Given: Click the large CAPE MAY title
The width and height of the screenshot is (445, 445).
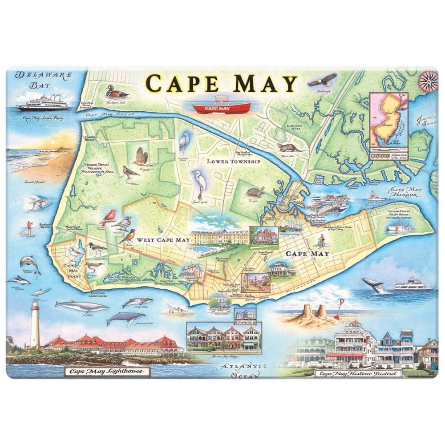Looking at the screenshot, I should [222, 84].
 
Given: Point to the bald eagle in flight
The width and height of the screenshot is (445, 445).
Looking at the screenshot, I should [320, 83].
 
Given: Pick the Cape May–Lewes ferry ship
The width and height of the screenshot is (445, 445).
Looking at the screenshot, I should [43, 103].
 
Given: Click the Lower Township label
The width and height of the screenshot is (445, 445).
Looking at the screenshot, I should [233, 162].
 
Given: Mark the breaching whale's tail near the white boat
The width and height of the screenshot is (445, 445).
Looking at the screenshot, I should [373, 286].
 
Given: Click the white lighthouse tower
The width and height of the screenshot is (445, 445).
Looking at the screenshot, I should [35, 324].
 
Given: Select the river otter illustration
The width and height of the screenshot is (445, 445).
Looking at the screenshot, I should [285, 147].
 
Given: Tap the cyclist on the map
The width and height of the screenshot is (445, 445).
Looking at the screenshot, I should [321, 242].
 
